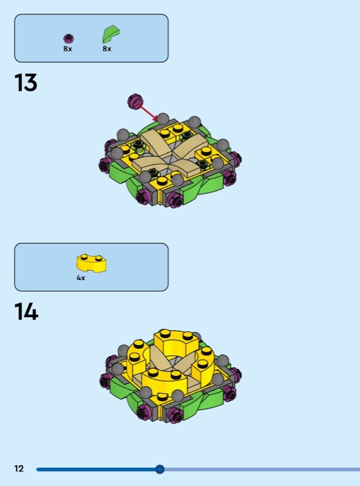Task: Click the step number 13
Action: pos(25,83)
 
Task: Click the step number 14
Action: pos(26,312)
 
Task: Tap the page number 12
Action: pos(19,468)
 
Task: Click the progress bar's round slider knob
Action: pos(160,469)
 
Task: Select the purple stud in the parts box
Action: pos(69,38)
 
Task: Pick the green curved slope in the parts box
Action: pos(110,34)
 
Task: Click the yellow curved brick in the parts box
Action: pos(92,263)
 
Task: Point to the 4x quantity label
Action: pos(81,278)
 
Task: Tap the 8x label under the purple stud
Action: pos(67,49)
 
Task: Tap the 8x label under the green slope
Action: pos(107,49)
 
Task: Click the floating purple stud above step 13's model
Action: pos(135,101)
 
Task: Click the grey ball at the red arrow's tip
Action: pos(163,118)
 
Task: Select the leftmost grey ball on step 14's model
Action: pos(118,369)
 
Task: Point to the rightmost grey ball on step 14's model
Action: pos(222,361)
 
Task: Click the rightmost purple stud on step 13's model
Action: pos(236,159)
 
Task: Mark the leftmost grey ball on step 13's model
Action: pos(117,153)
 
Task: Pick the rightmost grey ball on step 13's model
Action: pos(222,145)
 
